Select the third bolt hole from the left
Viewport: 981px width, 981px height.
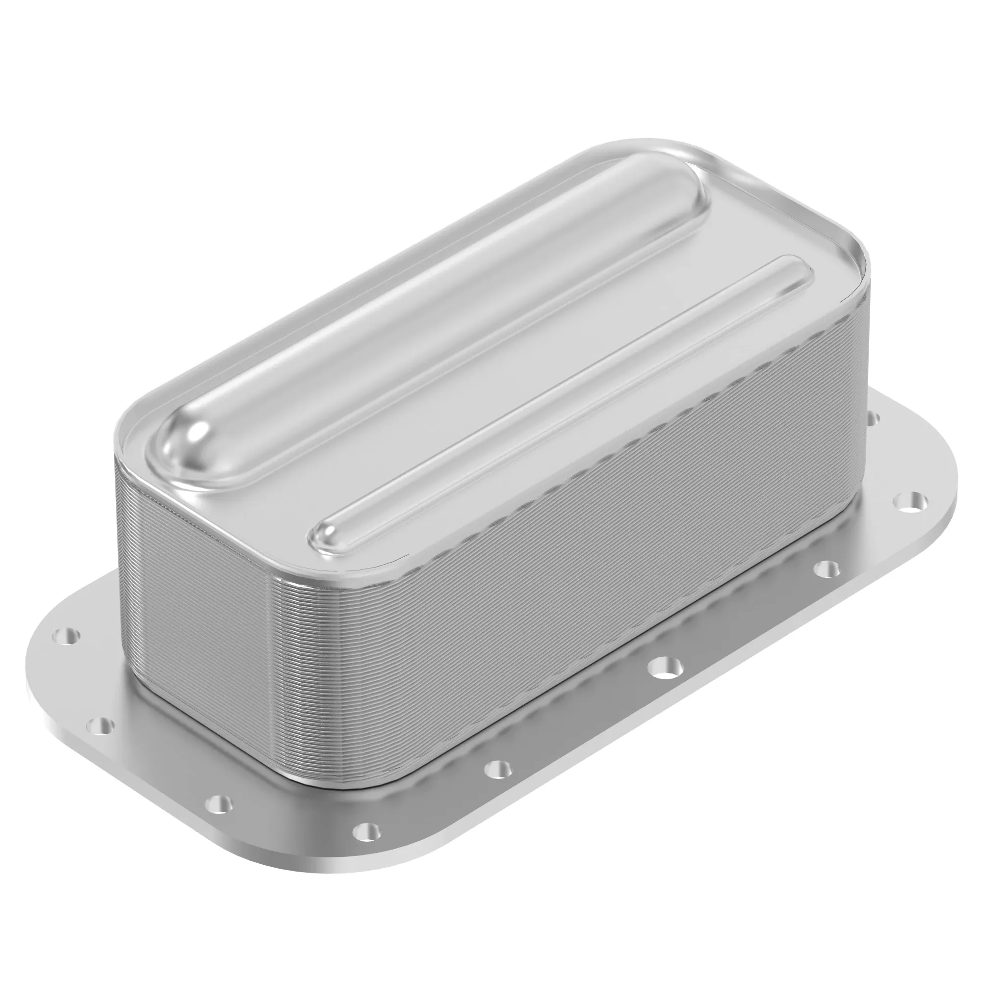point(219,803)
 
